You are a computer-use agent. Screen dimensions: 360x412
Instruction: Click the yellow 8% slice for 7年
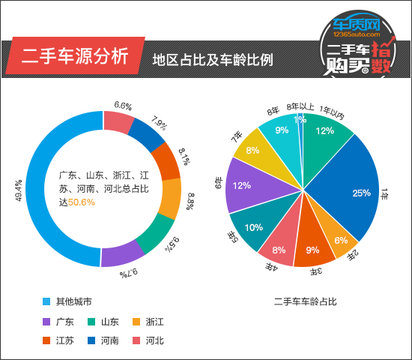(x=255, y=150)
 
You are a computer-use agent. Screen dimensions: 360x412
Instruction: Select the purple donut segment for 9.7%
(x=121, y=254)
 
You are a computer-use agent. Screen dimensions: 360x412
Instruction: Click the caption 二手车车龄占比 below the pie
(x=305, y=301)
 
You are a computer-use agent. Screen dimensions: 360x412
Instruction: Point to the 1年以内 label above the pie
(x=331, y=112)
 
